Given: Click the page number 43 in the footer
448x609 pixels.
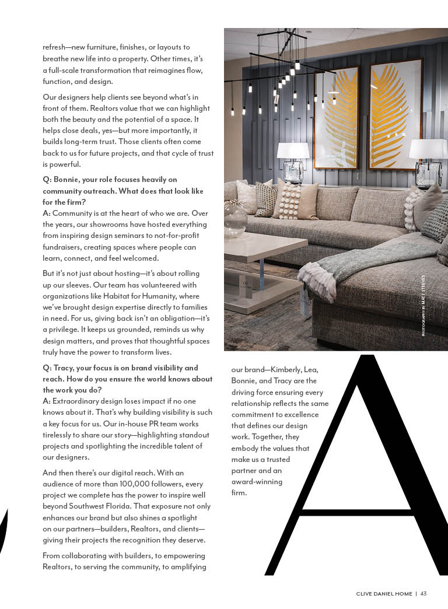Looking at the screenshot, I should [423, 594].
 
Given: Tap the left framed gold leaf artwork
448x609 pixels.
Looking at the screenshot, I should [337, 117].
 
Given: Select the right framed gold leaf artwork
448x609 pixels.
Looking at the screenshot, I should [395, 114].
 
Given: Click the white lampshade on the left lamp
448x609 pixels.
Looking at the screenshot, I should [293, 150].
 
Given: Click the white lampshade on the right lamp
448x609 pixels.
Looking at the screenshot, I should [428, 149].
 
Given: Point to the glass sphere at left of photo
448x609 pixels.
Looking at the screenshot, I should [235, 219].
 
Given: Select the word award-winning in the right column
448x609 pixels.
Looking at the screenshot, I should [257, 482].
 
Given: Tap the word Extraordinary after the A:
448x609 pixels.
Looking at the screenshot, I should [79, 401].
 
